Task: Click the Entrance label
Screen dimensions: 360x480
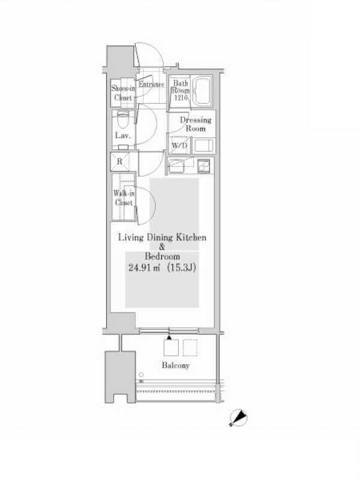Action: (151, 84)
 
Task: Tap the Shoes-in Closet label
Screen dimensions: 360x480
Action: (123, 93)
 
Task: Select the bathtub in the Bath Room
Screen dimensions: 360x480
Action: (203, 91)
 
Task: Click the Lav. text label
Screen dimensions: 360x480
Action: (123, 136)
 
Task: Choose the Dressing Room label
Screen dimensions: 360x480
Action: (196, 124)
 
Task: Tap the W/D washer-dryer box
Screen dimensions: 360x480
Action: (179, 145)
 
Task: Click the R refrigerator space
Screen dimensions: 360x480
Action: (119, 161)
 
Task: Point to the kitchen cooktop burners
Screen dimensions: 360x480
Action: (203, 166)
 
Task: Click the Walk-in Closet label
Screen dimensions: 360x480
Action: (124, 198)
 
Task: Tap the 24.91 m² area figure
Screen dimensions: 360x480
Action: (145, 268)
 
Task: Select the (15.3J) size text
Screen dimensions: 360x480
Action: (182, 268)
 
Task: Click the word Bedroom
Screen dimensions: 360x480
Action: (162, 256)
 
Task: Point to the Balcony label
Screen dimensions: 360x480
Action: (175, 365)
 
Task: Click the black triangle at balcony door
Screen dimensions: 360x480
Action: (169, 338)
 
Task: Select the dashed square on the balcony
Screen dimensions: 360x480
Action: (190, 348)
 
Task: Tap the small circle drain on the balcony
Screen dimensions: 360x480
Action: (141, 374)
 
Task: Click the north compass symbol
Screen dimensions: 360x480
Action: (238, 417)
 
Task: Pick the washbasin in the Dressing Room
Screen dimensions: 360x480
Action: (204, 145)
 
